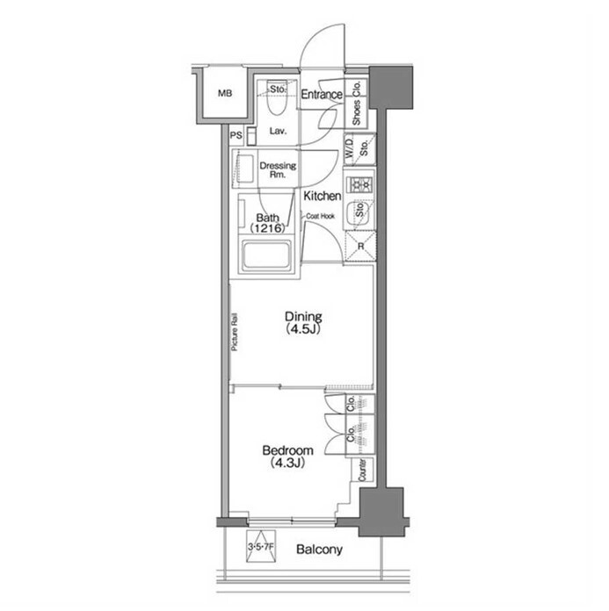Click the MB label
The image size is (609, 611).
click(225, 94)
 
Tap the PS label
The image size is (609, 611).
click(236, 135)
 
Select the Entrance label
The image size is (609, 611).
click(322, 94)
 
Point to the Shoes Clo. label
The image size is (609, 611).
click(356, 104)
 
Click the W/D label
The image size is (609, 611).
click(349, 148)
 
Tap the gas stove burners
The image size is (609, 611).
click(359, 183)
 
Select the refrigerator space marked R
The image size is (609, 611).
click(360, 246)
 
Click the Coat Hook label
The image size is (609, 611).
click(320, 216)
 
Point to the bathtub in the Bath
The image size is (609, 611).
click(267, 255)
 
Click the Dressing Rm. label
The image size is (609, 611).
click(278, 170)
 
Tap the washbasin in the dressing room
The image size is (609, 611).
click(243, 169)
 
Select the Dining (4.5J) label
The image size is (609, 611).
click(303, 323)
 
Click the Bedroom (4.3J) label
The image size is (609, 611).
click(288, 456)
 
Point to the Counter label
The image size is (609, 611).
click(362, 470)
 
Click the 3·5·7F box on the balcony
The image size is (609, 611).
click(261, 546)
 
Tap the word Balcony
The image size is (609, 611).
click(319, 550)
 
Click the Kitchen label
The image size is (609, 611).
click(323, 196)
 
